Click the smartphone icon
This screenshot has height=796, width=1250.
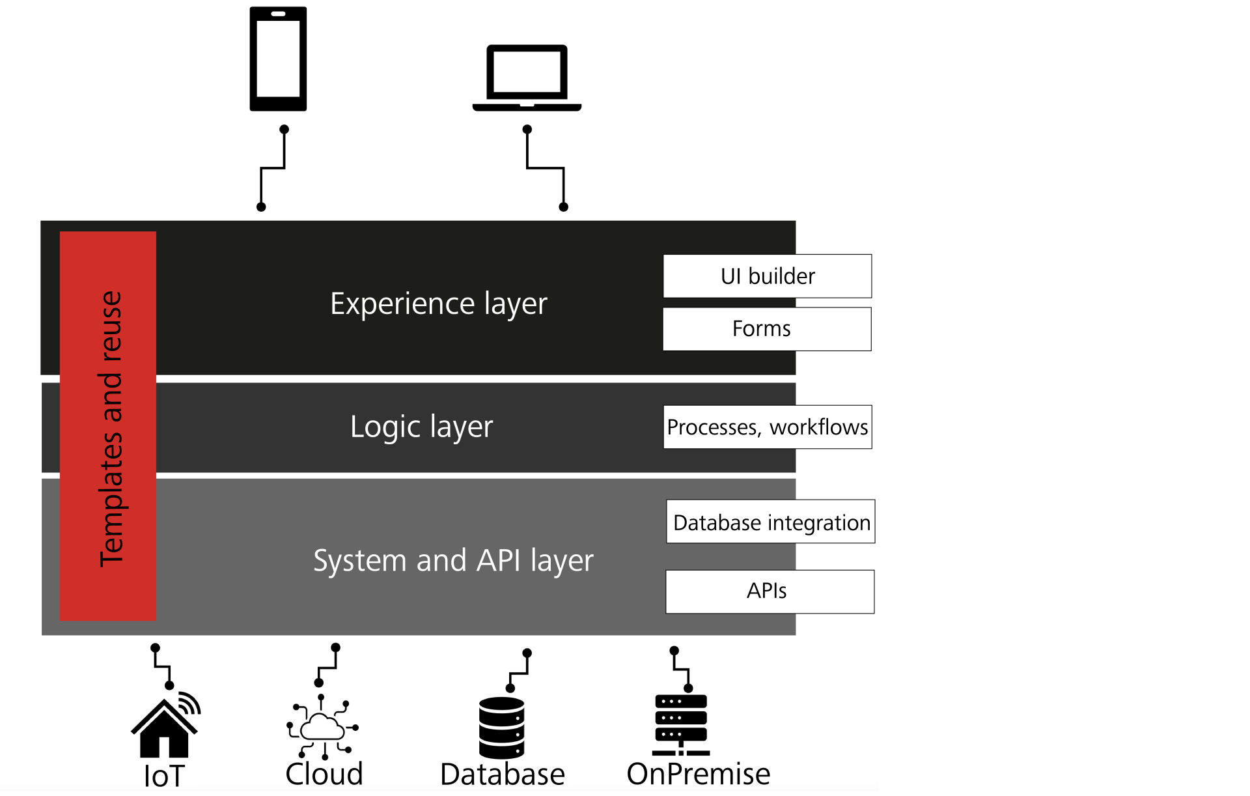[x=278, y=59]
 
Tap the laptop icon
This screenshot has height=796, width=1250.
[x=527, y=77]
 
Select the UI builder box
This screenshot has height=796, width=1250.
[x=767, y=276]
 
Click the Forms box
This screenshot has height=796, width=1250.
[x=767, y=329]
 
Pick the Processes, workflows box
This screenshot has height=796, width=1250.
[x=767, y=427]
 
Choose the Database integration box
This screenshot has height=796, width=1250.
[x=770, y=522]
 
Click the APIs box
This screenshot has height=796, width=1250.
[x=770, y=591]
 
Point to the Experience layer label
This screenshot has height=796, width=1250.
[x=438, y=304]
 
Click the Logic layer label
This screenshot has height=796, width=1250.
[x=421, y=427]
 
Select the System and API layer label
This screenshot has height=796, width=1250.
[x=453, y=561]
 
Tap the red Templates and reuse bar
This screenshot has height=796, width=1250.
[x=108, y=426]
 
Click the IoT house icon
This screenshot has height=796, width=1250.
[x=165, y=728]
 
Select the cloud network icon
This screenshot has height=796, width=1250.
[x=322, y=727]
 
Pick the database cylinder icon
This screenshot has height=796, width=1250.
[x=501, y=728]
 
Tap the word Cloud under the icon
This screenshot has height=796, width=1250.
[x=324, y=774]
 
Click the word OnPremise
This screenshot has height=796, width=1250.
[x=698, y=774]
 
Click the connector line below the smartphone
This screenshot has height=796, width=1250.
[x=273, y=168]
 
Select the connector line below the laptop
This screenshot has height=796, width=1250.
[x=546, y=168]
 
